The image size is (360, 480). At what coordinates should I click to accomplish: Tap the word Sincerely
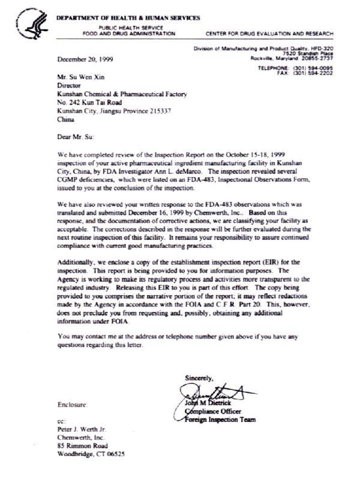coord(199,377)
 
